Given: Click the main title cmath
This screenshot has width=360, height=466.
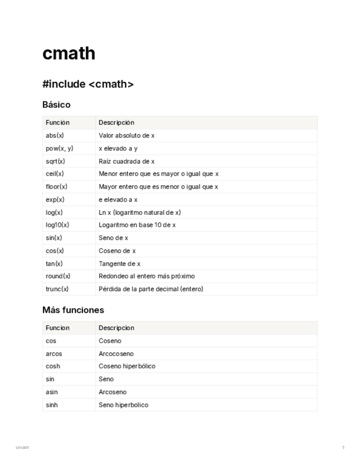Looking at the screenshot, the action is pos(69,53).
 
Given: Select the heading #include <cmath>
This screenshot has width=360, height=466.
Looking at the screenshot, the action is pos(88,84).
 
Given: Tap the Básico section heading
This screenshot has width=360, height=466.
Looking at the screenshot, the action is pos(56,104).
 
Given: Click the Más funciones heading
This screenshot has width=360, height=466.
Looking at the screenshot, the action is pos(73,310).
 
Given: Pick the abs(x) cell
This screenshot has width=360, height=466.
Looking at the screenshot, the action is pos(55,135).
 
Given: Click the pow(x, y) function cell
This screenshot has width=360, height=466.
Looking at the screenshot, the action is pos(59,148).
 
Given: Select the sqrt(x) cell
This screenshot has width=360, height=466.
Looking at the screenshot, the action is pos(56,161).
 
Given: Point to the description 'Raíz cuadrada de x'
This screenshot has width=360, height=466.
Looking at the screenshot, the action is pos(126,161).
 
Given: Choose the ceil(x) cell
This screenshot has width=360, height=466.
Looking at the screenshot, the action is pos(55,174).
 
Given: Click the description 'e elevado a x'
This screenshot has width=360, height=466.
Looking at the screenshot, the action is pos(118,199).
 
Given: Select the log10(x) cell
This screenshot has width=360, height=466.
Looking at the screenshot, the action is pos(58,225).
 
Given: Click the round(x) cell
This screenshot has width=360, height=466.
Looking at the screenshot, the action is pos(58,276).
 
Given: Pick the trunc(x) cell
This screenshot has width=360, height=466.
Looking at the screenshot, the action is pos(57,289).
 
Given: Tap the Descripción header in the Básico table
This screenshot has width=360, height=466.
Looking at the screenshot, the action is pos(117,123).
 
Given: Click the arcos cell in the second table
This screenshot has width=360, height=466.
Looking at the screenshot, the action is pos(54,353).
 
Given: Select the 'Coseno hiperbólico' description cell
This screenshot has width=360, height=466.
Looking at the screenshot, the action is pos(127,366).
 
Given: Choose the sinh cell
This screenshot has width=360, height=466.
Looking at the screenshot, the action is pos(52,405).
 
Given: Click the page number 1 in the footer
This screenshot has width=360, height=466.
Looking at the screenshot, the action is pos(343,447).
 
